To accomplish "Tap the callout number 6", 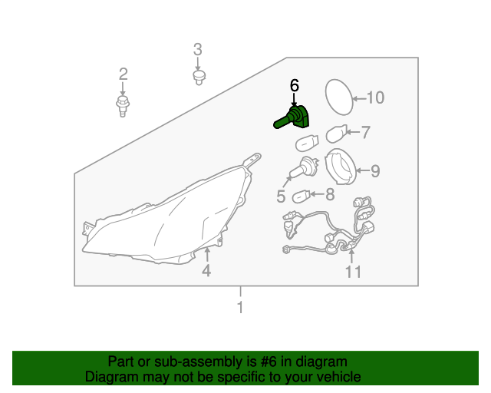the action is pyautogui.click(x=295, y=85).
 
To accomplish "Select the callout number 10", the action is pyautogui.click(x=375, y=97).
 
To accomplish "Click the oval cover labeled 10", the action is pyautogui.click(x=339, y=97).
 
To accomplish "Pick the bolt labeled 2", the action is pyautogui.click(x=123, y=106).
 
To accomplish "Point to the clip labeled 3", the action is pyautogui.click(x=199, y=78).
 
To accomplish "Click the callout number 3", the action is pyautogui.click(x=198, y=50).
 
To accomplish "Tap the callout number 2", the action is pyautogui.click(x=123, y=74).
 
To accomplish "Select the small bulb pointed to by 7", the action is pyautogui.click(x=337, y=134).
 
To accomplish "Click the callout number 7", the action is pyautogui.click(x=366, y=132).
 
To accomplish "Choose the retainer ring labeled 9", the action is pyautogui.click(x=341, y=167).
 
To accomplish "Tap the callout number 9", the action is pyautogui.click(x=375, y=171).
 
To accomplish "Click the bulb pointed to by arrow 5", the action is pyautogui.click(x=304, y=168).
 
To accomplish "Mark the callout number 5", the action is pyautogui.click(x=281, y=196).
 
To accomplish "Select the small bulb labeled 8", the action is pyautogui.click(x=302, y=196).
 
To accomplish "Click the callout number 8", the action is pyautogui.click(x=330, y=194).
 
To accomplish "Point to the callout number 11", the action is pyautogui.click(x=353, y=272).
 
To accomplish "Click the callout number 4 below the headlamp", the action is pyautogui.click(x=206, y=270).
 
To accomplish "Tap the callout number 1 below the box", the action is pyautogui.click(x=240, y=307).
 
